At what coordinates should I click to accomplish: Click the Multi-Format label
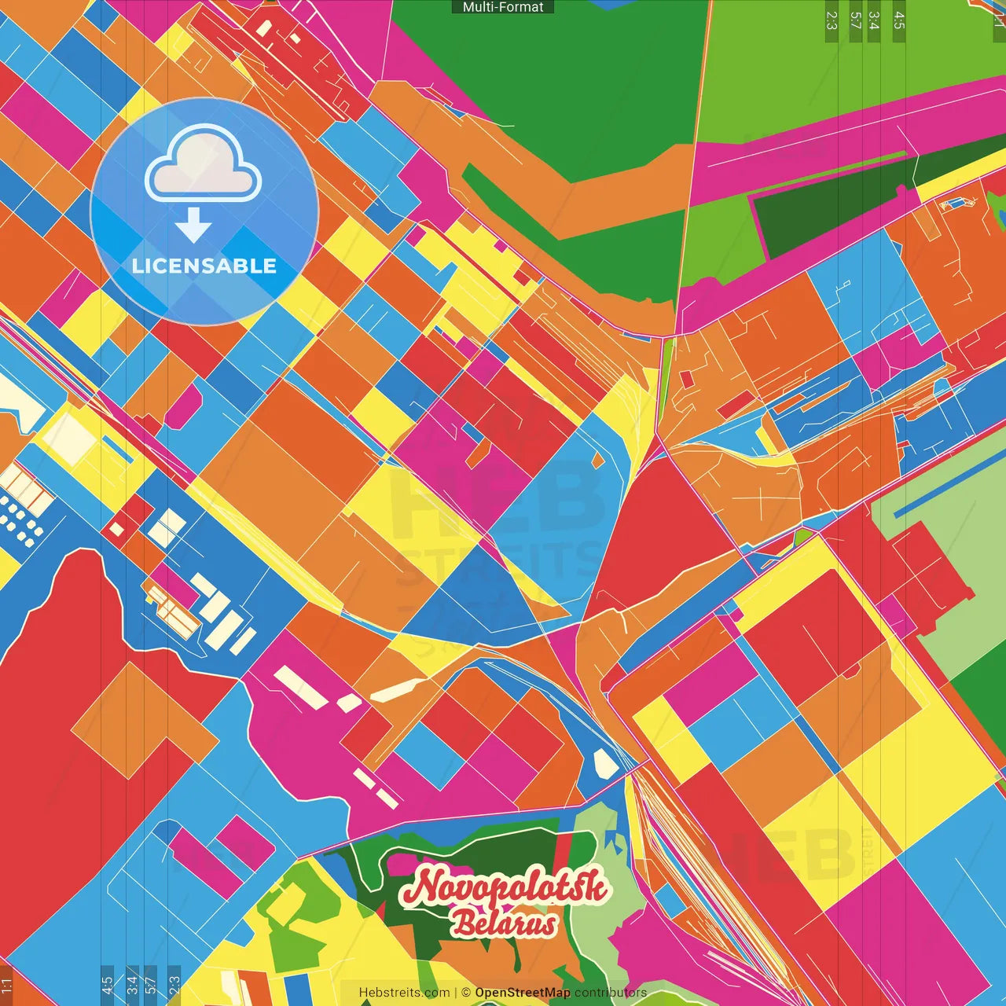tap(503, 7)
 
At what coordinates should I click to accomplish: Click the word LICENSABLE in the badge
tap(204, 266)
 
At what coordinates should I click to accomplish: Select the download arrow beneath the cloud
tap(193, 226)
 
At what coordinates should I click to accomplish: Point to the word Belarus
tap(504, 924)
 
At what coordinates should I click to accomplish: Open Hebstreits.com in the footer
tap(404, 993)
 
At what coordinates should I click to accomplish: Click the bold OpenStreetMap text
tap(523, 993)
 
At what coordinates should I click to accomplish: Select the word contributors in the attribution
tap(611, 993)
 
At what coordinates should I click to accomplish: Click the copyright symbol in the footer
tap(466, 993)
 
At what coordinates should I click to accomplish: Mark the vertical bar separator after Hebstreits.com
tap(456, 993)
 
